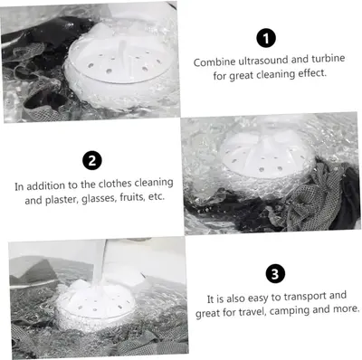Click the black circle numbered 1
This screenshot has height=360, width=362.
(x=266, y=38)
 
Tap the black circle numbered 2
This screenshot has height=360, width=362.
(x=92, y=160)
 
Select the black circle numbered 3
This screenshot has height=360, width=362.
(x=275, y=274)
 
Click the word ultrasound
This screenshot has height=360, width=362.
(x=262, y=61)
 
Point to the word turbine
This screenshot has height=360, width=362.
(x=329, y=59)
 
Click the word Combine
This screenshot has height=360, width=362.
(x=214, y=62)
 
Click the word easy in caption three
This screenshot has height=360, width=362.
(x=258, y=298)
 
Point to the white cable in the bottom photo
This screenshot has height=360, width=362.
(x=100, y=260)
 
